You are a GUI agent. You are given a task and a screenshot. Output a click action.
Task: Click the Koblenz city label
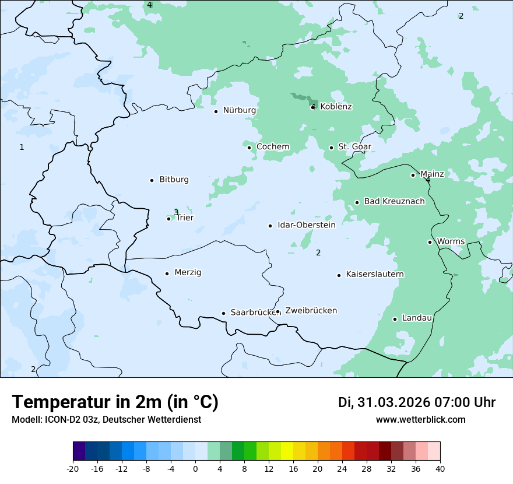[x=336, y=107]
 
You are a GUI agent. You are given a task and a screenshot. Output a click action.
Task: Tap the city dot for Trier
[x=169, y=219]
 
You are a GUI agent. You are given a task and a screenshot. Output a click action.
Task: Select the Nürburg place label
[x=239, y=110]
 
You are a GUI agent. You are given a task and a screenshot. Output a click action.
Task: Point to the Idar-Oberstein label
[x=306, y=225]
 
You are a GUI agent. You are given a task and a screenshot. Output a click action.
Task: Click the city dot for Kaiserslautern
[x=339, y=275]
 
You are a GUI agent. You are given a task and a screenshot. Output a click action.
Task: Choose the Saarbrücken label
[x=253, y=313]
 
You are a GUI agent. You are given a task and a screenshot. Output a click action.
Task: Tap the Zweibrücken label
[x=311, y=311]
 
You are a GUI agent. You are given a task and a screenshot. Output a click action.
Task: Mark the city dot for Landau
[x=395, y=319]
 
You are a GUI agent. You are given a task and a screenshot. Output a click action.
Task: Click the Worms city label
[x=451, y=241]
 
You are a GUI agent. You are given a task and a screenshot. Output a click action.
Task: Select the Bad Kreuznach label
[x=394, y=201]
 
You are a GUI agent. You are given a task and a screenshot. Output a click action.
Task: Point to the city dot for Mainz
[x=413, y=175]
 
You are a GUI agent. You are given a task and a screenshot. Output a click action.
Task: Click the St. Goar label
[x=354, y=147]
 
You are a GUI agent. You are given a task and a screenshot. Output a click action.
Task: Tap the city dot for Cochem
[x=249, y=148]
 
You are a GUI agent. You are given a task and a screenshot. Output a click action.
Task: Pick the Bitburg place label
[x=174, y=180]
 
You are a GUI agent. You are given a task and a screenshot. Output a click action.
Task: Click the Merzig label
[x=188, y=272]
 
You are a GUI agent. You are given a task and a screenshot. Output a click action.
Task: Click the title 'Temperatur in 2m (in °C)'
[x=115, y=402]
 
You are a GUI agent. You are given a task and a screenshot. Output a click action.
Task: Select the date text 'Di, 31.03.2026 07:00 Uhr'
[x=417, y=402]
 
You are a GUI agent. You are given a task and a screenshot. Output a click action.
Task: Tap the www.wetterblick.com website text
[x=420, y=420]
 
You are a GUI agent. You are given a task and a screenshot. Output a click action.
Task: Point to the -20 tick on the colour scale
[x=73, y=468]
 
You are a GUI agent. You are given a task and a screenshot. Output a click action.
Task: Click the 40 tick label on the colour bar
[x=440, y=468]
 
